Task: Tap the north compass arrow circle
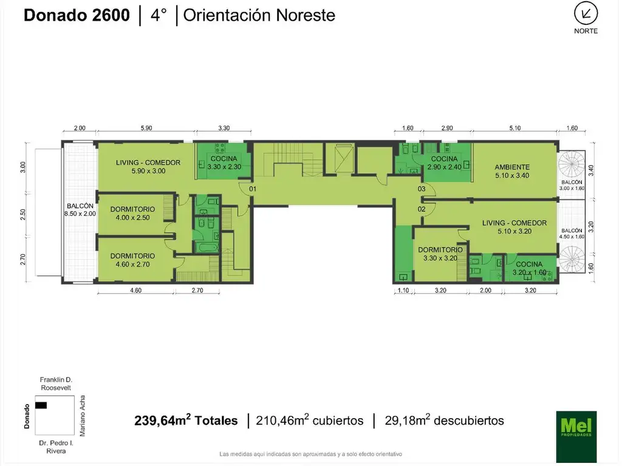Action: (586, 13)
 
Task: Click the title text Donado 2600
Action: (77, 15)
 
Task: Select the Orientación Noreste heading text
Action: (259, 15)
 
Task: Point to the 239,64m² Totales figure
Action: (186, 420)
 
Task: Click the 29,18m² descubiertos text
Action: (444, 420)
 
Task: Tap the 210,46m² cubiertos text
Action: (310, 420)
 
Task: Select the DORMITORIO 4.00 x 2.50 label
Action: (132, 213)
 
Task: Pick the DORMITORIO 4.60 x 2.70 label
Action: (132, 260)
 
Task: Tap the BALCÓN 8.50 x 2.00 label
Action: (79, 209)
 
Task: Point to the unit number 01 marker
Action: (253, 189)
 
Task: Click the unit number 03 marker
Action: (422, 189)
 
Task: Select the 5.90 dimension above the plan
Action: (146, 128)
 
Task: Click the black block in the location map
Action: (41, 405)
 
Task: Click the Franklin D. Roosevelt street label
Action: (56, 383)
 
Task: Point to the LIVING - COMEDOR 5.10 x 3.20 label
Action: (514, 227)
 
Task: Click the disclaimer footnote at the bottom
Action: (310, 454)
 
